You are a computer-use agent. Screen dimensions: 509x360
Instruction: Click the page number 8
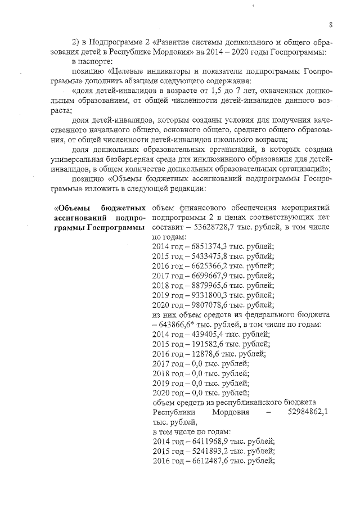click(331, 24)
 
